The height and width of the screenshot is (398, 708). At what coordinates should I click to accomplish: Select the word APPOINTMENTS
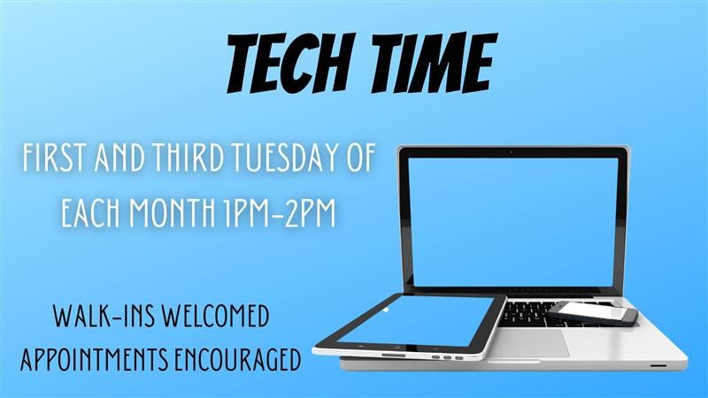pyautogui.click(x=98, y=360)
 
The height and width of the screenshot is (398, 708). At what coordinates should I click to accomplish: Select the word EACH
pyautogui.click(x=89, y=213)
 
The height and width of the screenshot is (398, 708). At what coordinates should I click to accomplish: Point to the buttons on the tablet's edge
pyautogui.click(x=448, y=358)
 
